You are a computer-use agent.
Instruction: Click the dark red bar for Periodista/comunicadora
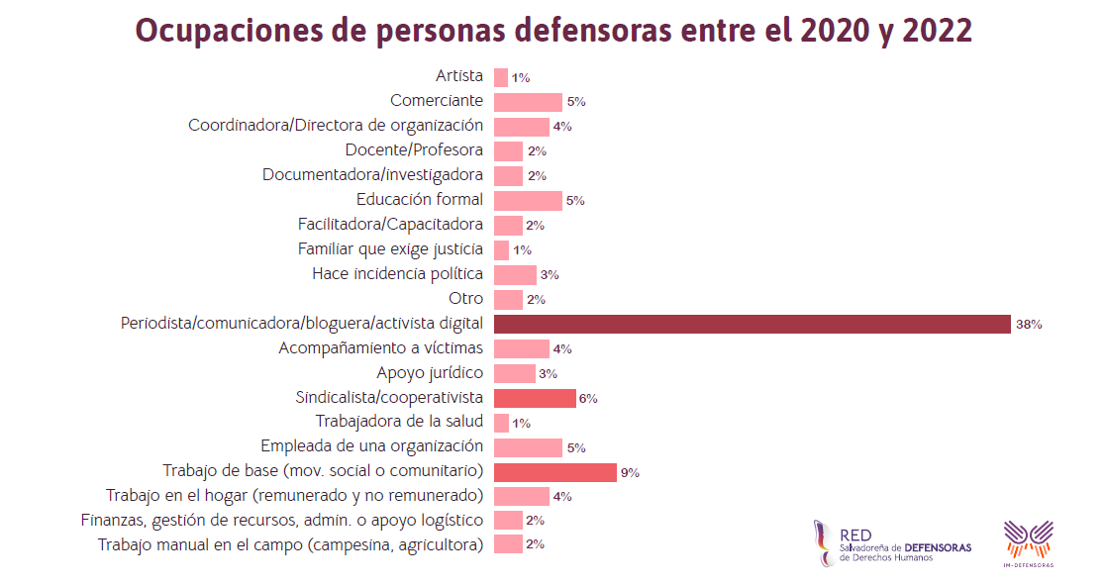pos(752,324)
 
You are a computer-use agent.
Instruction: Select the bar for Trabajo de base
pos(554,472)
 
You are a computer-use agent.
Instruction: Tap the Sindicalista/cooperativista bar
pos(535,398)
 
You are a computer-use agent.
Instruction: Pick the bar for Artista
pos(501,77)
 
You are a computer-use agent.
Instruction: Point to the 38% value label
pos(1029,325)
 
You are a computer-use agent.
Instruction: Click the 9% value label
pos(630,473)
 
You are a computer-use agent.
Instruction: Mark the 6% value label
pos(588,399)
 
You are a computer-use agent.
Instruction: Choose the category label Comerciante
pos(437,100)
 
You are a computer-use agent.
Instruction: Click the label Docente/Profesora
pos(414,149)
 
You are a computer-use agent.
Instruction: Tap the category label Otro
pos(466,298)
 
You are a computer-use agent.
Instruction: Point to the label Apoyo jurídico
pos(430,372)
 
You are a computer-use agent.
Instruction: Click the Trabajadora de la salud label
pos(400,422)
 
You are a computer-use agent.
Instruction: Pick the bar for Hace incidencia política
pos(515,274)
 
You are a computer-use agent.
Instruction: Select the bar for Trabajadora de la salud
pos(501,423)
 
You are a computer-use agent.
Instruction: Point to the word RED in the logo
pos(855,535)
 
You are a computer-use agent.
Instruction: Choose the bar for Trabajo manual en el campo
pos(508,544)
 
